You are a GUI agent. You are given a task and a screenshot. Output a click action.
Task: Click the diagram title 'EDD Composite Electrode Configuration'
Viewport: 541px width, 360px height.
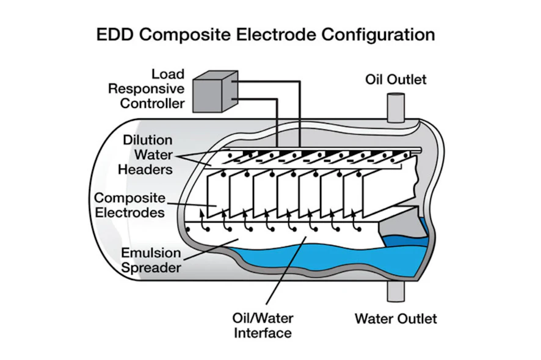266,34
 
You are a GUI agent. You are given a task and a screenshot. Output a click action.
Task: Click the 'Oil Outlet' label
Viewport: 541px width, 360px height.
396,80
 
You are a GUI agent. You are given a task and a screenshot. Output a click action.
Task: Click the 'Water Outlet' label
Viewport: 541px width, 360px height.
396,319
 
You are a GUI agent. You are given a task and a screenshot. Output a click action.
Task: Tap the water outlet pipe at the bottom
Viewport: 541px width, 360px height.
396,291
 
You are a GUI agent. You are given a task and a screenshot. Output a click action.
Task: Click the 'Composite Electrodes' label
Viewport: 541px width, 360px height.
129,206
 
